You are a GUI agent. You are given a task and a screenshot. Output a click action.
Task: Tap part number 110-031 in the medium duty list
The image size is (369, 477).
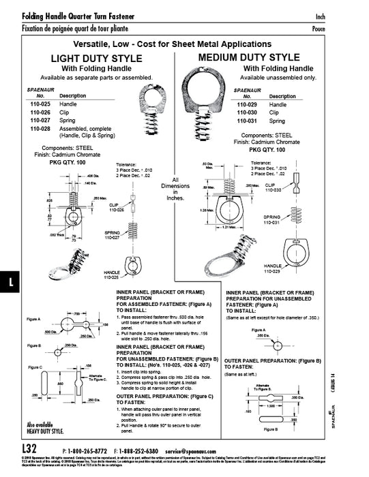click(x=245, y=121)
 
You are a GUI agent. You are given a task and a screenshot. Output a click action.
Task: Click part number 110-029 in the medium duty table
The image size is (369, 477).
click(x=245, y=104)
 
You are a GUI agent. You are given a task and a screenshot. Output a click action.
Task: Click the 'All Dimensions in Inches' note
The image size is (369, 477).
click(x=177, y=187)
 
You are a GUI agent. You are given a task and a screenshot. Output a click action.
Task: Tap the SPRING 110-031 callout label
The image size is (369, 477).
click(x=271, y=219)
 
